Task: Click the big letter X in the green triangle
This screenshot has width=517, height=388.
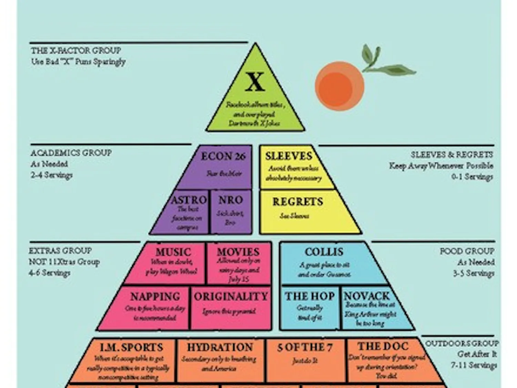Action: pyautogui.click(x=255, y=82)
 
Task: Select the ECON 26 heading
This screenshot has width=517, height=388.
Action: pyautogui.click(x=223, y=157)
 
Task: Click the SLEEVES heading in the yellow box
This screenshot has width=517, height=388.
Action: pyautogui.click(x=288, y=156)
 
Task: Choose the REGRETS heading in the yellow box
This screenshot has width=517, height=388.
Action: pyautogui.click(x=298, y=202)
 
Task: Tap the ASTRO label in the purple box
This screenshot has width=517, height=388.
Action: pyautogui.click(x=189, y=200)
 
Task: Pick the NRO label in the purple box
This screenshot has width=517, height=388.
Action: pyautogui.click(x=231, y=200)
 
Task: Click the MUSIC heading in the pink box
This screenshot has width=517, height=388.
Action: pyautogui.click(x=173, y=252)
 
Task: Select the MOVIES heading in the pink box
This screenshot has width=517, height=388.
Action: pyautogui.click(x=238, y=252)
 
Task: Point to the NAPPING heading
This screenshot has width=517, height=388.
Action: pyautogui.click(x=155, y=297)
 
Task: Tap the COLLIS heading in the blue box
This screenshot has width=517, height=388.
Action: pyautogui.click(x=324, y=252)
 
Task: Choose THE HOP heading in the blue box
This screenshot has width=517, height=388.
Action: pyautogui.click(x=310, y=296)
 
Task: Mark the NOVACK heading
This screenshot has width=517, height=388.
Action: pyautogui.click(x=367, y=296)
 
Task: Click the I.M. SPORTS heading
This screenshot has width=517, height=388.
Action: pyautogui.click(x=131, y=347)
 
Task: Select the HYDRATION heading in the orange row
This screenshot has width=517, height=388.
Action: pyautogui.click(x=220, y=347)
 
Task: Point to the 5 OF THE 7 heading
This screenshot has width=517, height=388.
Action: pyautogui.click(x=305, y=347)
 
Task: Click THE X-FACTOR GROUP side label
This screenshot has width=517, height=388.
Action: pyautogui.click(x=76, y=51)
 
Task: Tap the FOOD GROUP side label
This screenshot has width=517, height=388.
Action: pyautogui.click(x=467, y=251)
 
